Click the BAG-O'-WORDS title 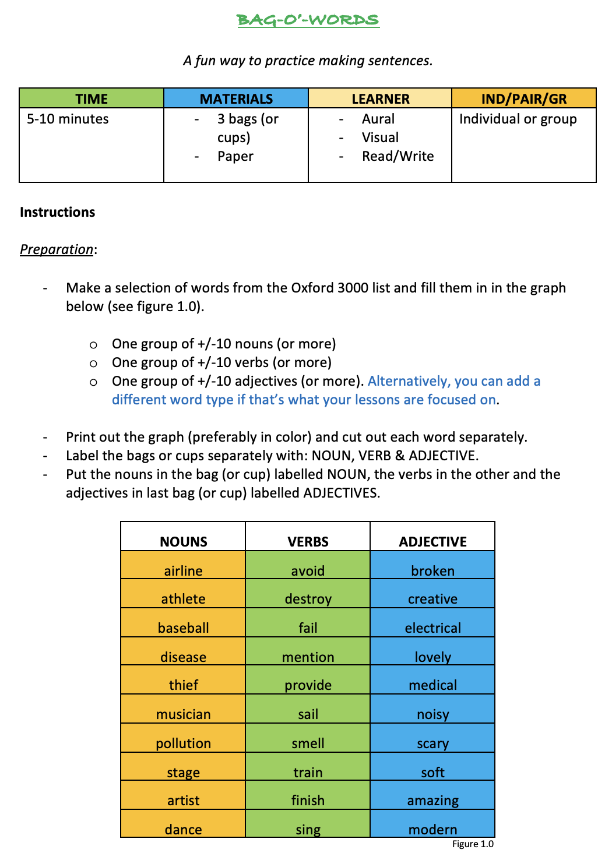[x=308, y=20]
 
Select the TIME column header [x=92, y=98]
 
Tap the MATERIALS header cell [x=236, y=98]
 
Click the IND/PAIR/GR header [x=523, y=98]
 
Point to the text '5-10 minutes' [x=68, y=119]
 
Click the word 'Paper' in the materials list [x=235, y=156]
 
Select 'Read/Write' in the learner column [x=398, y=156]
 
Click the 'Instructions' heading [x=57, y=212]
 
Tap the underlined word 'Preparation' [x=57, y=249]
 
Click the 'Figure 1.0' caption [x=473, y=844]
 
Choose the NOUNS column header [x=183, y=541]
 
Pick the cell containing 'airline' [x=183, y=570]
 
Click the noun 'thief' [x=183, y=685]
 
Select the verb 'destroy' [x=308, y=599]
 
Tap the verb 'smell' [x=308, y=743]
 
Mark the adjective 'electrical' [x=432, y=628]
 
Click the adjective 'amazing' [x=432, y=801]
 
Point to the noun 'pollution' [x=183, y=743]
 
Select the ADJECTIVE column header [x=432, y=541]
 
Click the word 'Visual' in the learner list [x=380, y=138]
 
